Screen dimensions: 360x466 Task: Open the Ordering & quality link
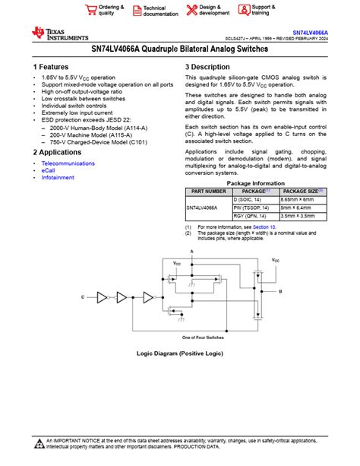click(109, 10)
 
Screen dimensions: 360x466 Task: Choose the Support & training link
click(261, 10)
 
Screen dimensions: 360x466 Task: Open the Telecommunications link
click(68, 163)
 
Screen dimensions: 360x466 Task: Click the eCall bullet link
click(49, 170)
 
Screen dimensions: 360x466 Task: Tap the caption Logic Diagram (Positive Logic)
click(179, 353)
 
